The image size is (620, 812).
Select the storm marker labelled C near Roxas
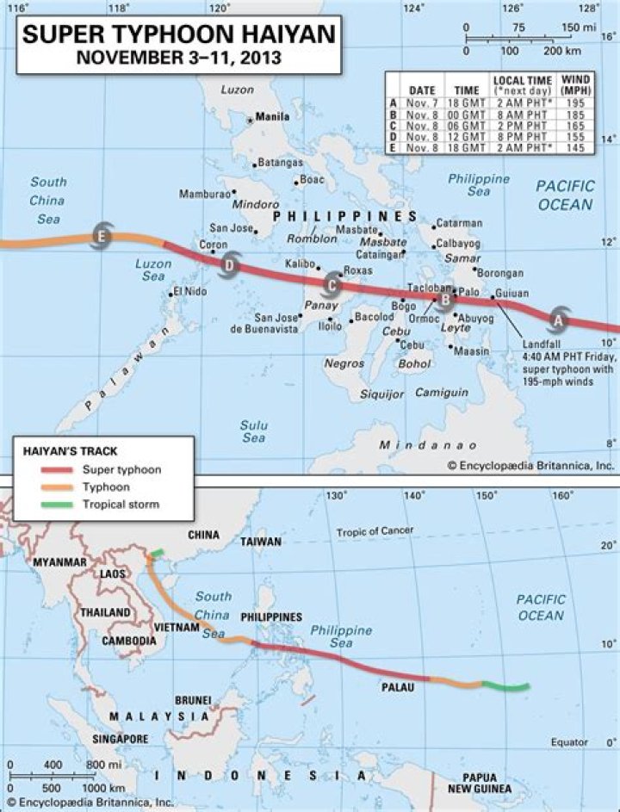click(332, 282)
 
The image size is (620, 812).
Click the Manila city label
click(272, 117)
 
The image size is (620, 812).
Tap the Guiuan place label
click(512, 293)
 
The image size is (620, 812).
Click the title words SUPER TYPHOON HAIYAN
click(180, 35)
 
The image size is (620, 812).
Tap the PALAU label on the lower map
click(398, 687)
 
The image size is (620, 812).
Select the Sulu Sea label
click(253, 431)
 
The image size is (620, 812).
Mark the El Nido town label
click(190, 292)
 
